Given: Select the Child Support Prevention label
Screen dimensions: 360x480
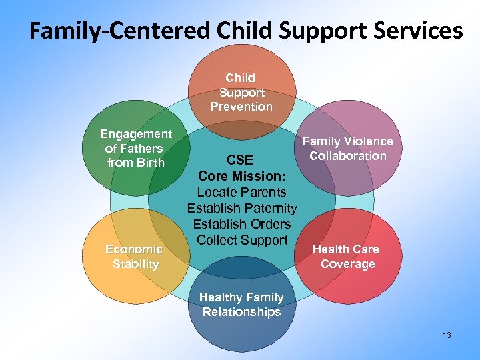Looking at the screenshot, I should (241, 92).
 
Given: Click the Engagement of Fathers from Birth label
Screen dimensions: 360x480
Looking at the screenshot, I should (136, 148).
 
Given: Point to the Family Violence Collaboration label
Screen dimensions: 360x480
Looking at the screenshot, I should (347, 148).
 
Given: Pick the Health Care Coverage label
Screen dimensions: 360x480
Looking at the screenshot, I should (347, 256).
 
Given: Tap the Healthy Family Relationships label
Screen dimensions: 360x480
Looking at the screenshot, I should (241, 305).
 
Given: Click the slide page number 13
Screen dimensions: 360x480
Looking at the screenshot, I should (446, 335).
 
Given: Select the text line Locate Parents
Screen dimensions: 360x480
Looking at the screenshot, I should (241, 192).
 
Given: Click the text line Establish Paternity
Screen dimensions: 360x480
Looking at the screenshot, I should (241, 208).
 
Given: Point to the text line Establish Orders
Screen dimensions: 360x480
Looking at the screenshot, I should (241, 224).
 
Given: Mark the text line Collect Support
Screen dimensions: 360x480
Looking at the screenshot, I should (241, 240).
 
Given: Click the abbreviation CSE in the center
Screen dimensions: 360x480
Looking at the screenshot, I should (240, 161).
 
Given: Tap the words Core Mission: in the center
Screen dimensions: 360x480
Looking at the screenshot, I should (241, 176).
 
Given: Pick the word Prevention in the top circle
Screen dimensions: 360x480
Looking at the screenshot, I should (241, 107).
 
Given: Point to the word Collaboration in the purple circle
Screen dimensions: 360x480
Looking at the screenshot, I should (347, 156).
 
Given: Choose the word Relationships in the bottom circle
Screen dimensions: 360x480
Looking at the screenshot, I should (241, 312).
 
